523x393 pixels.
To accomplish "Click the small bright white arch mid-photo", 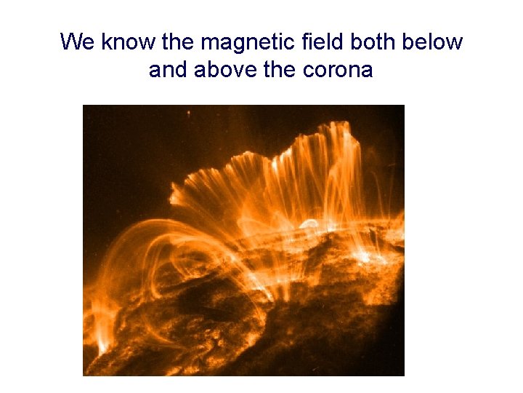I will tap(309, 224).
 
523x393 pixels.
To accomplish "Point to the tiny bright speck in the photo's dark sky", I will tap(189, 114).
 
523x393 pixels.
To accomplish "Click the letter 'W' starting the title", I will tap(71, 42).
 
